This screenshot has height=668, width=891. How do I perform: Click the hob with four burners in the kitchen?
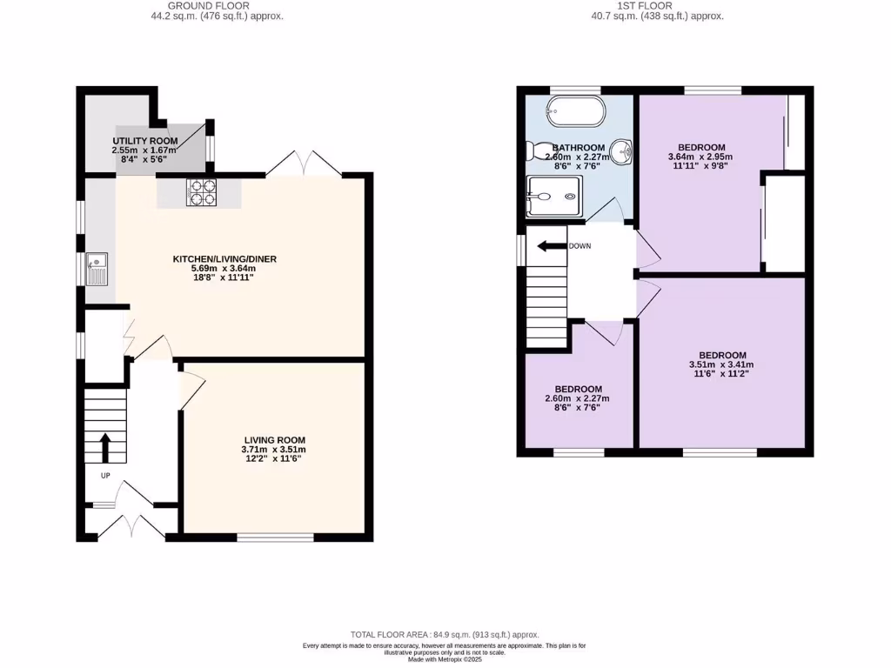pos(200,191)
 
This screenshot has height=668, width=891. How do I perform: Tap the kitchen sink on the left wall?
pos(97,268)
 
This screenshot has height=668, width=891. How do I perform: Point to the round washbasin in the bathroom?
pos(621,152)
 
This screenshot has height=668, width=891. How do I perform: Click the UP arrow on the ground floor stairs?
pos(105,447)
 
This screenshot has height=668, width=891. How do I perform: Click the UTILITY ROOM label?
pos(145,141)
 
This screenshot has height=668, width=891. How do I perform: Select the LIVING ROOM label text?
pos(274,440)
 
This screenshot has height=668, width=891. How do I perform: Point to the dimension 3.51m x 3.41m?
pos(722,365)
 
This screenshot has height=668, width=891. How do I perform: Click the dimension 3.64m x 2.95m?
pos(700,157)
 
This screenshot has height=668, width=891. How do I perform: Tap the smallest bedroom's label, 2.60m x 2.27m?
pos(577,399)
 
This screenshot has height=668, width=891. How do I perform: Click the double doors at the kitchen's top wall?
pos(298,164)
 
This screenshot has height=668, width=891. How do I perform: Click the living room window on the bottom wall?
pos(275,538)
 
